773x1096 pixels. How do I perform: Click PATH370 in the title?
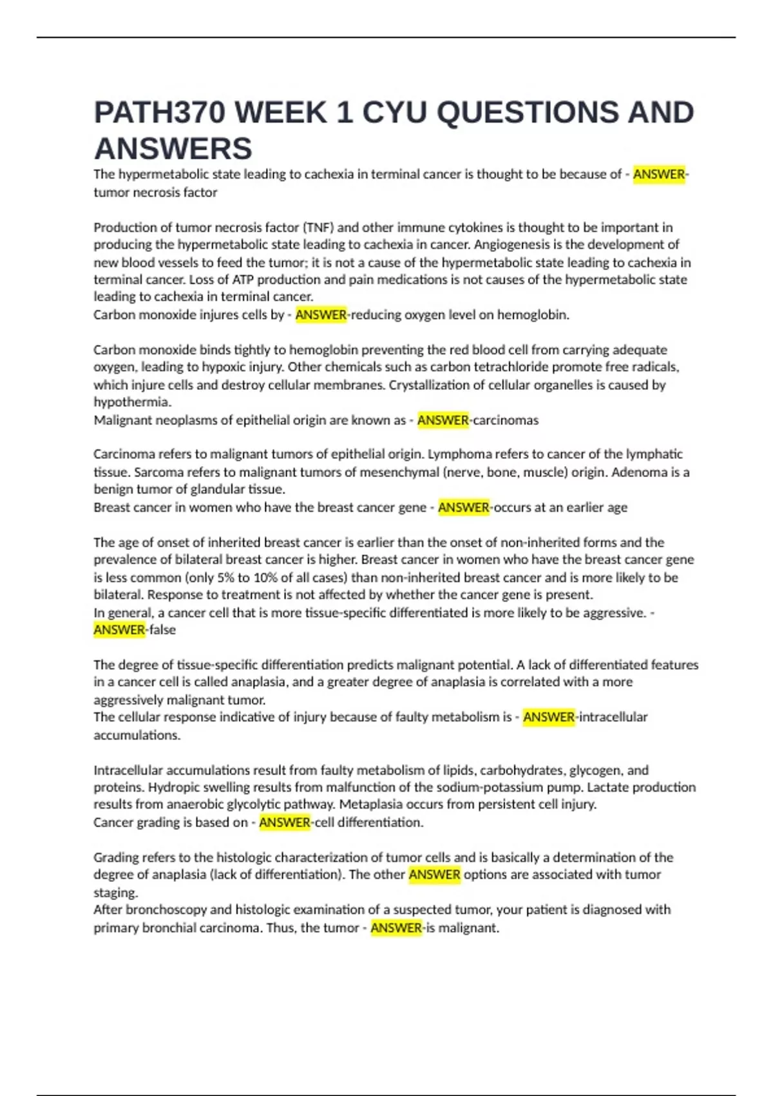tap(160, 113)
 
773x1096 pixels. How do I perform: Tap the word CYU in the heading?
tap(395, 113)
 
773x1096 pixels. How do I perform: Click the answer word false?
tap(162, 630)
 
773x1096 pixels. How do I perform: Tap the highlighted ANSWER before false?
tap(119, 630)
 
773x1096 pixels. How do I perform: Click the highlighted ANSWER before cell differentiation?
tap(285, 823)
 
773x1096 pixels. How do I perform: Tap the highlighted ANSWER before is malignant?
tap(396, 928)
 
